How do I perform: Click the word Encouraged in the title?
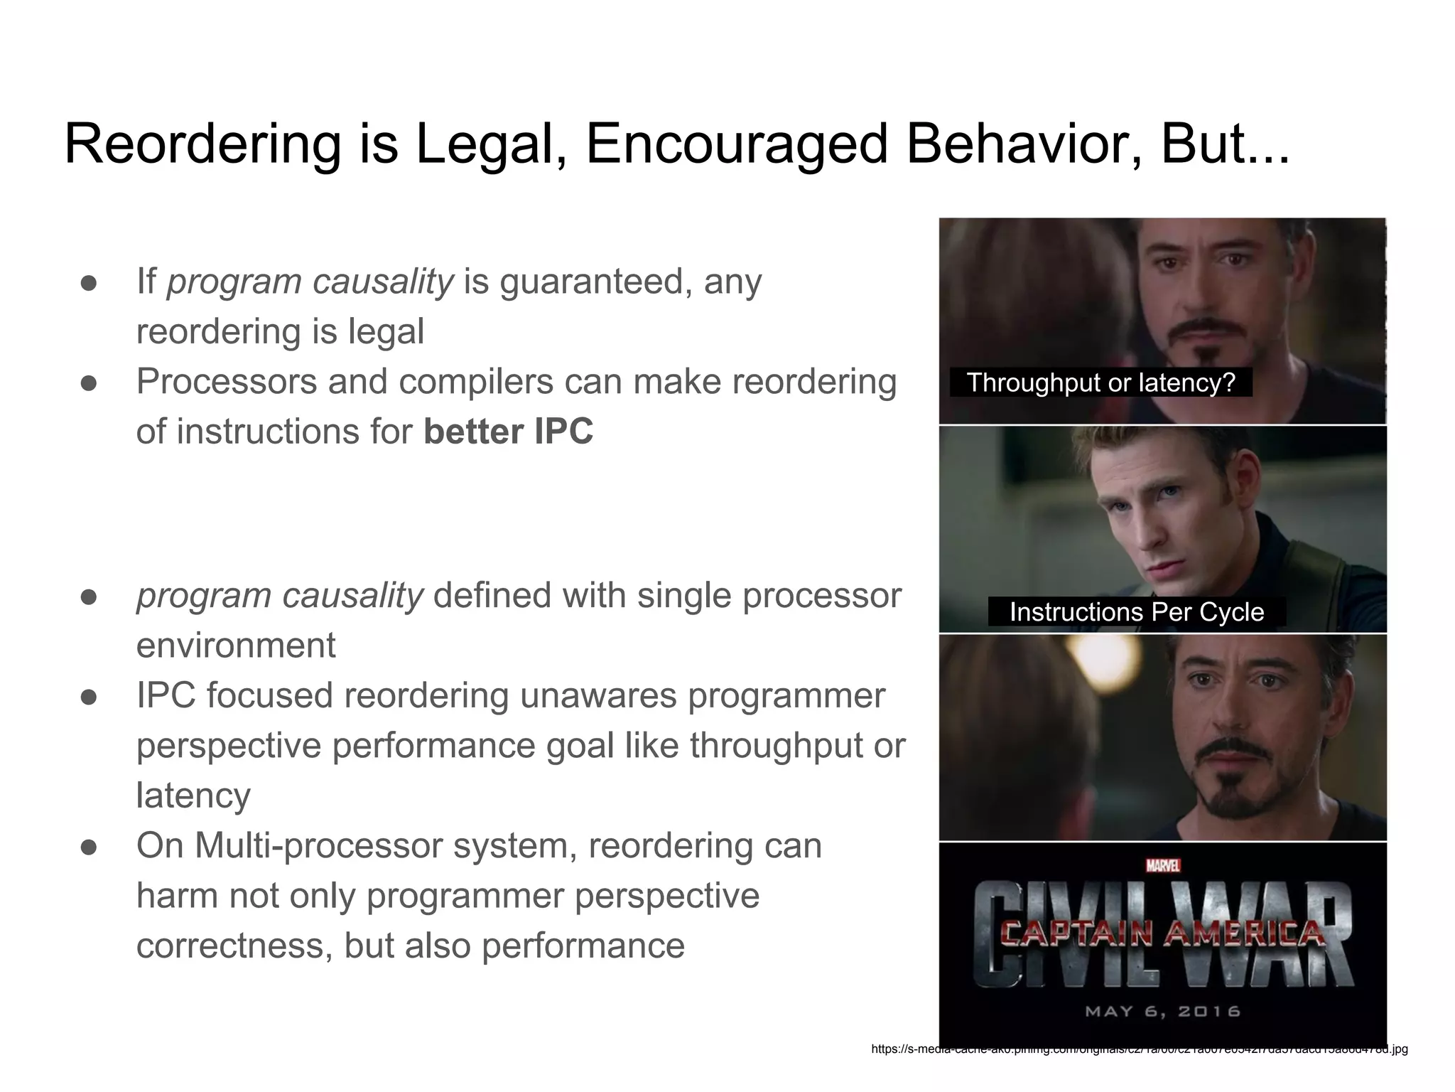click(x=737, y=144)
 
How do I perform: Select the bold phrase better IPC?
click(x=508, y=432)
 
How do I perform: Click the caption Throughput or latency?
click(x=1100, y=382)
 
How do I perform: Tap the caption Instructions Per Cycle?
click(x=1137, y=612)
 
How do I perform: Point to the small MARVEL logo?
click(x=1163, y=866)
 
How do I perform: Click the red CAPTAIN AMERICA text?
click(x=1163, y=933)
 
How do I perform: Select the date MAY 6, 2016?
click(x=1163, y=1011)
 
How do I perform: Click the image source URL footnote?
click(x=1139, y=1049)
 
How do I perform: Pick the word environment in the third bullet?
click(x=236, y=646)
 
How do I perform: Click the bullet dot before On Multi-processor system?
click(x=89, y=847)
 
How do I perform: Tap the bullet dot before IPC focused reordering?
click(x=89, y=697)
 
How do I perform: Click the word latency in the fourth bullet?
click(x=193, y=796)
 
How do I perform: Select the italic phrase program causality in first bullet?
click(x=310, y=282)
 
